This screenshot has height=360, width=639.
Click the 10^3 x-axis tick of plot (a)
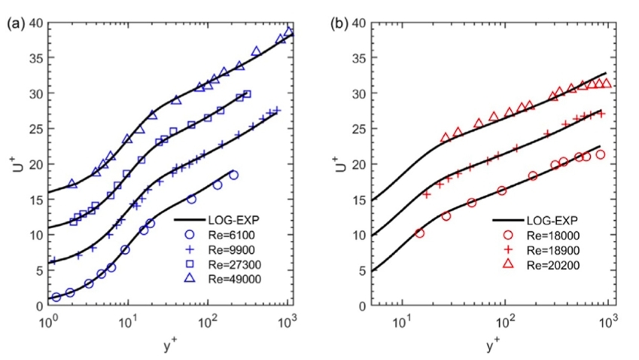[x=287, y=318]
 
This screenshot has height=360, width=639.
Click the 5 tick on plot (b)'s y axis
[x=364, y=270]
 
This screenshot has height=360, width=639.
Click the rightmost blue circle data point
[x=233, y=175]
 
